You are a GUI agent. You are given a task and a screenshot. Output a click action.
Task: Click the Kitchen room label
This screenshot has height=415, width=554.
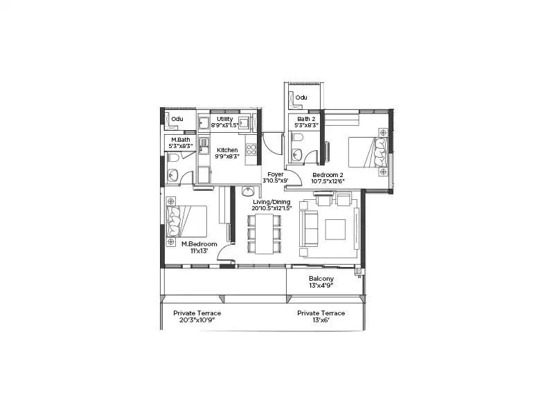click(227, 150)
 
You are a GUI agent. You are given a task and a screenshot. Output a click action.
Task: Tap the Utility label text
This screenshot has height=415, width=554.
click(224, 119)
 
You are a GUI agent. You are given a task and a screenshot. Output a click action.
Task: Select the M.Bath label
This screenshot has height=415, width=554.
click(180, 140)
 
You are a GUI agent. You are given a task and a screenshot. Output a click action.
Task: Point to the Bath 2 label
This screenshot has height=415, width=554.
click(305, 119)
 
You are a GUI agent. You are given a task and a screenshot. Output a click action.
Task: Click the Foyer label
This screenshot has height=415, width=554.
click(267, 174)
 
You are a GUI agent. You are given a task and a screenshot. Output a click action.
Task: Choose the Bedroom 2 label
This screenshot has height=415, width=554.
click(327, 175)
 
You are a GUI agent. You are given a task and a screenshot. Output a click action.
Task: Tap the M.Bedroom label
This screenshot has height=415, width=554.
click(199, 244)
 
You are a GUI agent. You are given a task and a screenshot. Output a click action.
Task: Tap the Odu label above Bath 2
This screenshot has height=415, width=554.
click(301, 98)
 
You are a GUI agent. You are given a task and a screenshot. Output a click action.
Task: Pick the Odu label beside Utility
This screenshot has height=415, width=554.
click(177, 118)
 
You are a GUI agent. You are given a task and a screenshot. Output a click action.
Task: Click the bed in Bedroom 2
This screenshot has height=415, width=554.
click(366, 153)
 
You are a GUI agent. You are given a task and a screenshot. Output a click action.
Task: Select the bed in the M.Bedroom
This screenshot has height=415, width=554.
click(187, 221)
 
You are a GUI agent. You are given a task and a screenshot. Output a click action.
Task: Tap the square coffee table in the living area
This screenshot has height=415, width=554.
click(335, 228)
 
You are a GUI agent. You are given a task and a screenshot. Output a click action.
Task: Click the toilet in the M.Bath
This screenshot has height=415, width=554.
click(173, 158)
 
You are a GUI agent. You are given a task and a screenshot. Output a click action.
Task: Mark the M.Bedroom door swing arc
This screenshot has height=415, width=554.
click(224, 253)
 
